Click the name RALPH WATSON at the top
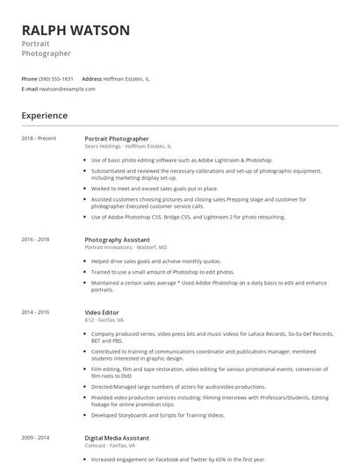click(x=76, y=31)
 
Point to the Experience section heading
click(x=44, y=115)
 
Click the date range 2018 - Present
click(x=39, y=139)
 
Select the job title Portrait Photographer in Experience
click(x=117, y=139)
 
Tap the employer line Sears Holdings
click(x=128, y=147)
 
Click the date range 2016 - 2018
click(x=35, y=240)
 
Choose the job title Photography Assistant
click(x=117, y=240)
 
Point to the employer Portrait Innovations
click(x=126, y=247)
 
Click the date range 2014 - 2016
click(x=35, y=311)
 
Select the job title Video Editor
click(x=103, y=311)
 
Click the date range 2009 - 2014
click(x=35, y=437)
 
